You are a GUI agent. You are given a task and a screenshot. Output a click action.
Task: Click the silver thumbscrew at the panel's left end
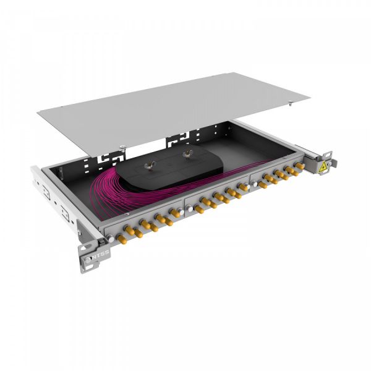click(x=110, y=237)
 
